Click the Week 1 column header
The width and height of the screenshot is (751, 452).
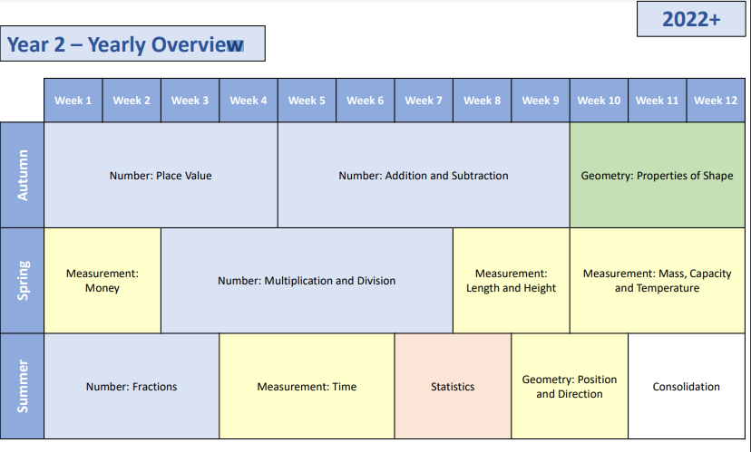pos(73,101)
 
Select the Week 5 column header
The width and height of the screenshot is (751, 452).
pos(307,101)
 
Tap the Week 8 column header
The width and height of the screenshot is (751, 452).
pos(482,101)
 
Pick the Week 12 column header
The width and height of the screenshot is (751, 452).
pos(716,101)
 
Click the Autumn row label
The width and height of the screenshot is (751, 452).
pos(22,175)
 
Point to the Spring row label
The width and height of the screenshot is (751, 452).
pos(22,280)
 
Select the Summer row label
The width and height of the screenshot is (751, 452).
pos(22,386)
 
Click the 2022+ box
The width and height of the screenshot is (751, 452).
pos(691,19)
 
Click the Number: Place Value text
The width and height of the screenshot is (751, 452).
pos(161,176)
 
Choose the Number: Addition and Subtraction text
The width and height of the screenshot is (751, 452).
pos(424,176)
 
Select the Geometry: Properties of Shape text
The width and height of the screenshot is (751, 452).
pos(657,176)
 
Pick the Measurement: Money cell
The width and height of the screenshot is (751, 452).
pos(102,280)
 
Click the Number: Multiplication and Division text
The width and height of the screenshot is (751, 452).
pos(307,281)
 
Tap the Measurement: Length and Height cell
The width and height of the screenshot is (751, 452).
pos(511,280)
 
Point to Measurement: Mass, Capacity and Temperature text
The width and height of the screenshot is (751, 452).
pos(657,281)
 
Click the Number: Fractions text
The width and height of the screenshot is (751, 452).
pos(132,387)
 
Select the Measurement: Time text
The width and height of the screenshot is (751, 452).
pos(307,387)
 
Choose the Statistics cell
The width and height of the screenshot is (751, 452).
pos(453,386)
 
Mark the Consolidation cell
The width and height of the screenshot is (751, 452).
pos(687,386)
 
